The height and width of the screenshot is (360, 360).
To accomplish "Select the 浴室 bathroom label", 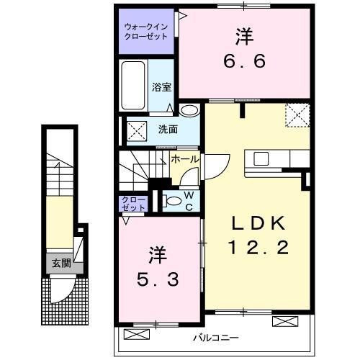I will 161,88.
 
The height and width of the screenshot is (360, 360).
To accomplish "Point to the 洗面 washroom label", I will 168,130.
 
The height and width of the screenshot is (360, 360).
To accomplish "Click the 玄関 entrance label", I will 61,264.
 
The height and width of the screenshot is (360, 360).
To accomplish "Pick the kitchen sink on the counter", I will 260,158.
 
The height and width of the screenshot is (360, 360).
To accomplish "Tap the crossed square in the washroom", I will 135,130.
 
